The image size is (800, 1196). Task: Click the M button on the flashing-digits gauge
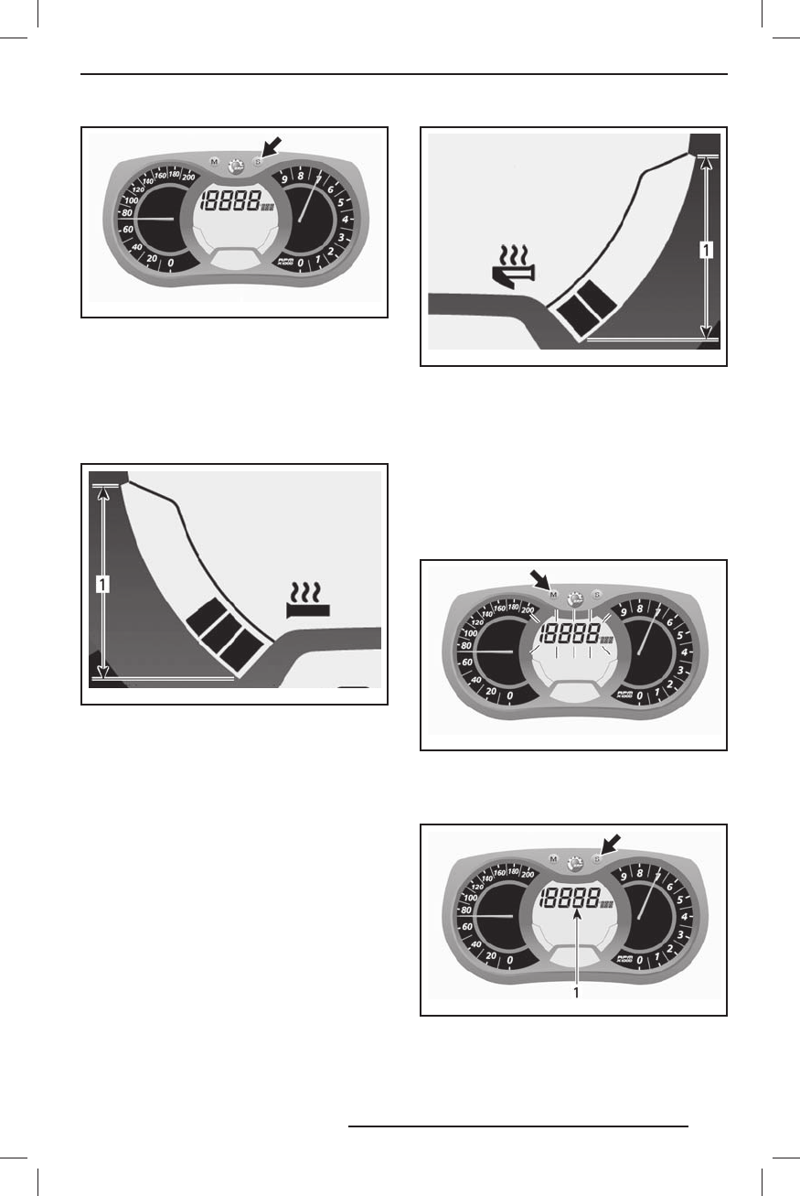coord(554,596)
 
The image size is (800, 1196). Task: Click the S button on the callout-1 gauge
coord(597,858)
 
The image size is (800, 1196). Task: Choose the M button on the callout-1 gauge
coord(554,859)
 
